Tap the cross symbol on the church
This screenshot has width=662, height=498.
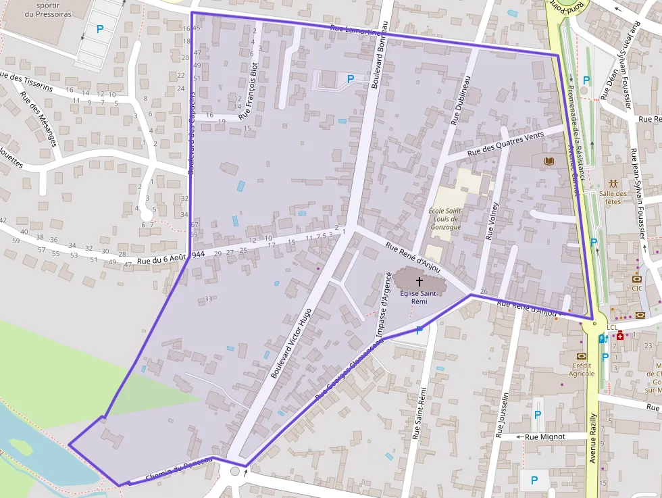(419, 280)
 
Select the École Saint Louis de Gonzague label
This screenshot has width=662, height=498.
(444, 218)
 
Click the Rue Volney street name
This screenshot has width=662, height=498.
(492, 221)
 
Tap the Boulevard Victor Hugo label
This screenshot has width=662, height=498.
(290, 343)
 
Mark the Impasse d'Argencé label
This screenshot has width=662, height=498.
(383, 304)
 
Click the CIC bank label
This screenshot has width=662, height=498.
(637, 289)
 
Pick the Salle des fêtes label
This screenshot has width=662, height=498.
(613, 197)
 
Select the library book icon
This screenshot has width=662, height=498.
(547, 161)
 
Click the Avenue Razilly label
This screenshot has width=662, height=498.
(592, 438)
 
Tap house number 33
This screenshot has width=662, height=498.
(209, 299)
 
